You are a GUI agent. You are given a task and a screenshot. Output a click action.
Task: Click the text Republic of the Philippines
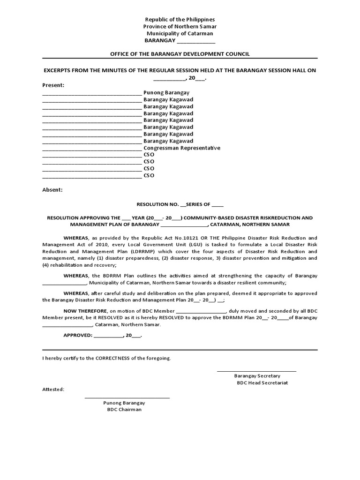(180, 20)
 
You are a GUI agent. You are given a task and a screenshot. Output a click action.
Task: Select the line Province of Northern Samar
(180, 27)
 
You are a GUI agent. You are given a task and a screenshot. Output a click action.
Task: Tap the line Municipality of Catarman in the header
(180, 34)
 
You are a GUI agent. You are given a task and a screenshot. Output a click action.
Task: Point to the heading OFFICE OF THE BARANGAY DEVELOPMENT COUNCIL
(180, 54)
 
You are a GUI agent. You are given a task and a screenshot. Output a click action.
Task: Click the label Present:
(53, 85)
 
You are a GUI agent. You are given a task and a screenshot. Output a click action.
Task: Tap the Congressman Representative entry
(182, 148)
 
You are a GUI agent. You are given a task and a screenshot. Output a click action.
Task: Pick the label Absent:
(52, 190)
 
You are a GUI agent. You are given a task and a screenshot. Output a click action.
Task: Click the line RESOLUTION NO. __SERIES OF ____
(180, 205)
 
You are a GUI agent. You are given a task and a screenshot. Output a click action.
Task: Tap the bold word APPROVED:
(78, 336)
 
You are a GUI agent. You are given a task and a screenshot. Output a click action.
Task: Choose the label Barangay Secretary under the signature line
(257, 376)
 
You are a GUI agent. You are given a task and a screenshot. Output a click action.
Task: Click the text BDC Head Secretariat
(262, 383)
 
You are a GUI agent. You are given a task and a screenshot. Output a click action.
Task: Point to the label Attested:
(53, 390)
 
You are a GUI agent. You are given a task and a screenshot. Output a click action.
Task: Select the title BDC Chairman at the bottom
(124, 410)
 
